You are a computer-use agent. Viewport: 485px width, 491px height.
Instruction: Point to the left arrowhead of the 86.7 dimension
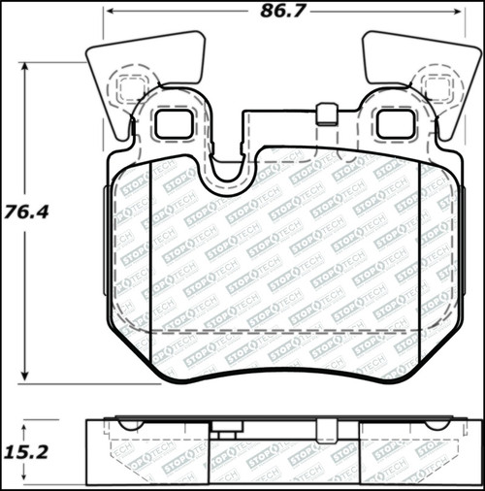coord(111,15)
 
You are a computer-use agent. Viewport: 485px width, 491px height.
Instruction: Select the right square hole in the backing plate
coord(394,122)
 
